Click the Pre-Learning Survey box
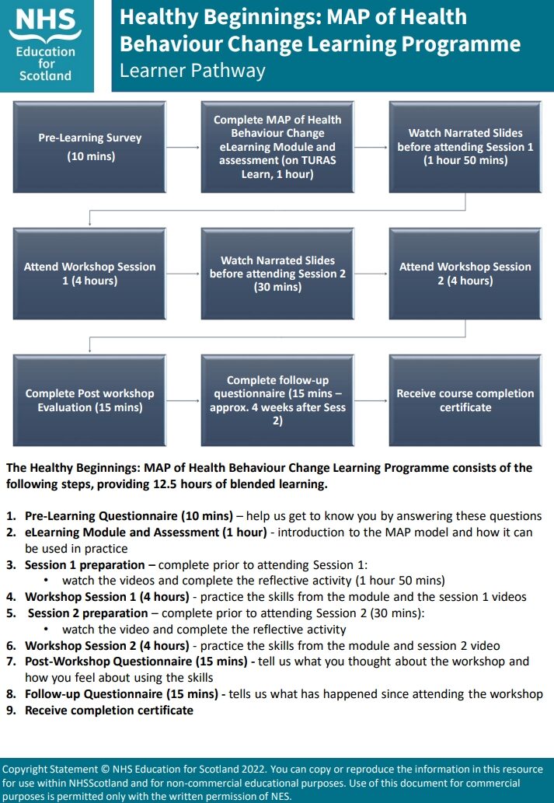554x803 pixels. pos(90,147)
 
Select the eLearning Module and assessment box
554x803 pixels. pos(277,147)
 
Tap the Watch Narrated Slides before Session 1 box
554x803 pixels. pos(465,147)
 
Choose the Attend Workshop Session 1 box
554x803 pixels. pos(90,274)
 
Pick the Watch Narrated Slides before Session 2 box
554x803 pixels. pos(277,274)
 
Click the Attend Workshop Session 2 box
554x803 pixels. pos(465,274)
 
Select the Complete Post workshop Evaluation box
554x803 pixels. pos(90,400)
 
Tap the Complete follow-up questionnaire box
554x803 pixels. pos(277,400)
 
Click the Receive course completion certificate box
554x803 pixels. pos(465,400)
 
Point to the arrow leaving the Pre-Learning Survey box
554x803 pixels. pos(183,147)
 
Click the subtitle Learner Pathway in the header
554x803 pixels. pos(192,71)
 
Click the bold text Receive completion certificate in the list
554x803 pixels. pos(109,710)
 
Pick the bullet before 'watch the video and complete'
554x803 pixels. pos(47,630)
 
